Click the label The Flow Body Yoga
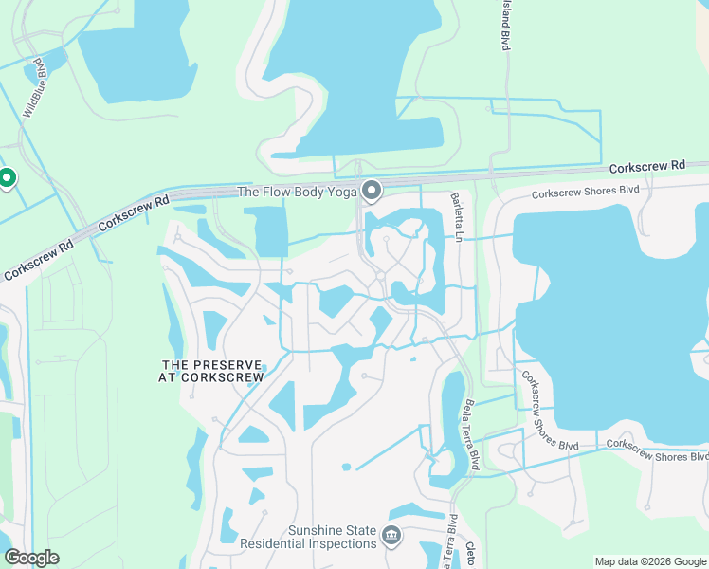click(295, 192)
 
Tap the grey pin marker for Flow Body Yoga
click(371, 191)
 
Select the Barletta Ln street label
click(455, 215)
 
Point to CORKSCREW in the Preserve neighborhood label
click(224, 376)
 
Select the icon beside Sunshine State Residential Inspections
click(391, 537)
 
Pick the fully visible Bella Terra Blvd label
click(471, 434)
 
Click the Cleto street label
click(470, 555)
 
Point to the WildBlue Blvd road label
click(37, 88)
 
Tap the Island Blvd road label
click(504, 26)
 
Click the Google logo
click(31, 558)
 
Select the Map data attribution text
click(649, 561)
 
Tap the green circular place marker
click(7, 177)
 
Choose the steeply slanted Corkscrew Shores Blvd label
click(549, 410)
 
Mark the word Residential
click(278, 544)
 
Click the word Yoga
click(338, 192)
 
